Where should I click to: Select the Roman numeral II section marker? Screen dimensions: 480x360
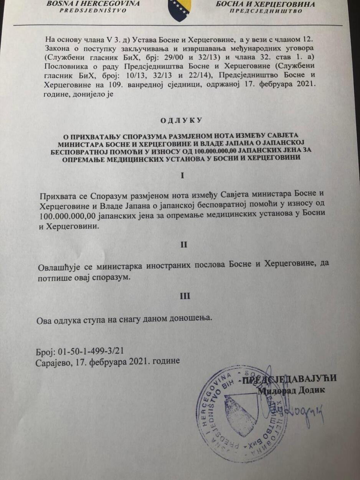tap(184, 244)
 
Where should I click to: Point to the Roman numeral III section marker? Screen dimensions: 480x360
tap(185, 296)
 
